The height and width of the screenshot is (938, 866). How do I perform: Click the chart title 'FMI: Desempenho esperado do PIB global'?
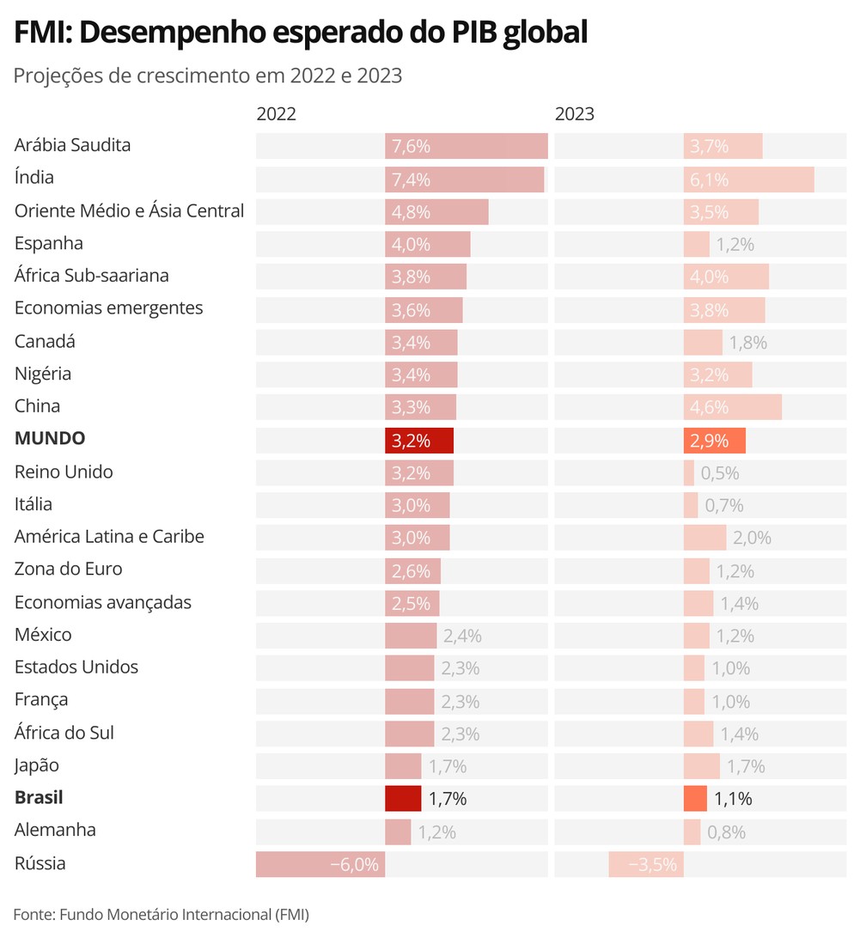301,33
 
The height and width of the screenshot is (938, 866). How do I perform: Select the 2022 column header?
276,113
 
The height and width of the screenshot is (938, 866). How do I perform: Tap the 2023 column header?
574,113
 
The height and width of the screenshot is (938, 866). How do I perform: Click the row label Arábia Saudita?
73,145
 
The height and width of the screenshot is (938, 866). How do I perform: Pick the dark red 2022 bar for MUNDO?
419,441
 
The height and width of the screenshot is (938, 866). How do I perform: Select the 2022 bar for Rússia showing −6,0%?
320,865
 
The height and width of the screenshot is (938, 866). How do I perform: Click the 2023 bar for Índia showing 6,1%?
748,180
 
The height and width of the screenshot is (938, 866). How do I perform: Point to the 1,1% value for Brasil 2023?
733,799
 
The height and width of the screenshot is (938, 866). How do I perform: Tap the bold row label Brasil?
39,798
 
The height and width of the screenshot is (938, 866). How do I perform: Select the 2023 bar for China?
733,407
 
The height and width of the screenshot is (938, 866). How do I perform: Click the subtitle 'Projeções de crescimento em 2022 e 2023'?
208,76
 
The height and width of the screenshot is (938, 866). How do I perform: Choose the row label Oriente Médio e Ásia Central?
130,210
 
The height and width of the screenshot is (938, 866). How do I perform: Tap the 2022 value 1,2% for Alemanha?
436,831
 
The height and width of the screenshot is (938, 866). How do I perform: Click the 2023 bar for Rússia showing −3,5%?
646,865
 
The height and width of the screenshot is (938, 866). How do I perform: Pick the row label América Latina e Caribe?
109,537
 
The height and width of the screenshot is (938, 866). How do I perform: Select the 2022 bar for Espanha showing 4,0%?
428,244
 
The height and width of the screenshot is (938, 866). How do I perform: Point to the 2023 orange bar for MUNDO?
715,441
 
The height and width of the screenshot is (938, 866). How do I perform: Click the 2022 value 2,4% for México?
462,636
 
